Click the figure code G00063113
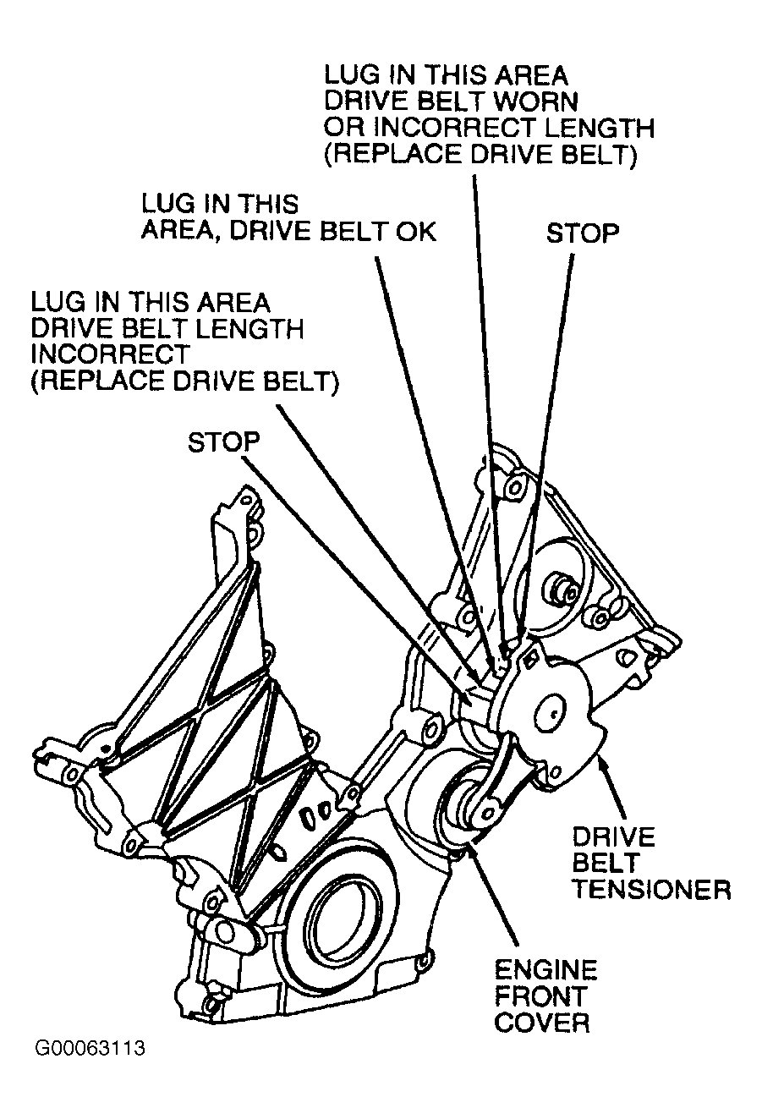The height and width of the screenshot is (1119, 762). (90, 1049)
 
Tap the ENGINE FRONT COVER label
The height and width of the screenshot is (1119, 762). (545, 996)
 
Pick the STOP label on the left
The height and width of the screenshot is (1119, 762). (223, 443)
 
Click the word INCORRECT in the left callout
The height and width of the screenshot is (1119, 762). (109, 354)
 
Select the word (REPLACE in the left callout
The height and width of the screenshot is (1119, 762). (85, 381)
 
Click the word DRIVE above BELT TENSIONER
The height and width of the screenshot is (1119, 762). (614, 837)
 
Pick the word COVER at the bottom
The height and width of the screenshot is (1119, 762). (541, 1023)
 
